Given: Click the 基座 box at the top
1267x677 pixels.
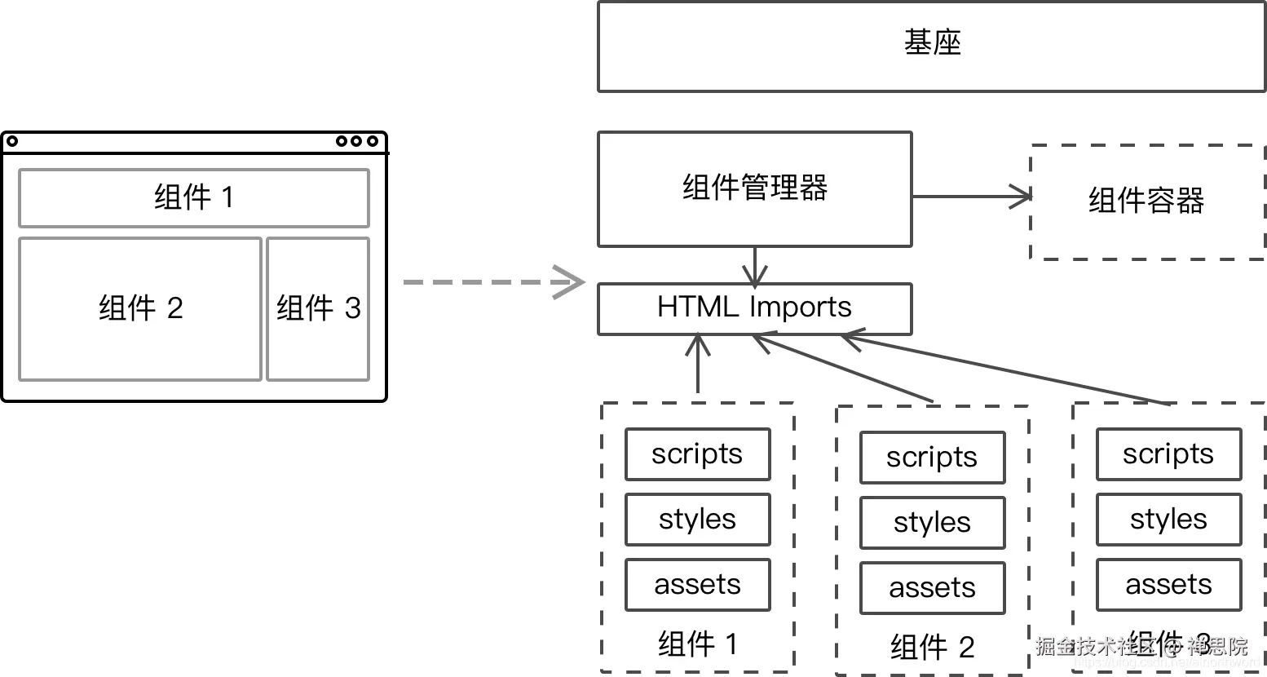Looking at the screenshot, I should click(931, 46).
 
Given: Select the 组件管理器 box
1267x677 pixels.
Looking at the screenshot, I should click(754, 188).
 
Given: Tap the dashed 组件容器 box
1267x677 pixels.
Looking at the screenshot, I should click(1146, 201).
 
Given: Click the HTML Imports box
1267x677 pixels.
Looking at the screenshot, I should click(754, 308).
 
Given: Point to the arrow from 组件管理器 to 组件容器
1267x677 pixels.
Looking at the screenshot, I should click(970, 197).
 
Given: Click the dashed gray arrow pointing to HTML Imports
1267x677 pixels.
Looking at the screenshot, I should click(493, 282).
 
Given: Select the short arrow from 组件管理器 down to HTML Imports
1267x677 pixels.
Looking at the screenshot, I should click(756, 265).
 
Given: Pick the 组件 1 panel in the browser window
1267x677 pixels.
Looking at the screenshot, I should click(194, 197).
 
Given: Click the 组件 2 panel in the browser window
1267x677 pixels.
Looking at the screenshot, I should click(140, 308).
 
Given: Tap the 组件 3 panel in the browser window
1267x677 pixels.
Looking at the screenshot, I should click(318, 308).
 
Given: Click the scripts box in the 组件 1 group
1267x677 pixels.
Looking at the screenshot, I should click(697, 454).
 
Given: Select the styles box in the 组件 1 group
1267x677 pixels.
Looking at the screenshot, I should click(697, 520).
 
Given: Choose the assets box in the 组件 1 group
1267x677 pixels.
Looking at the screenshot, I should click(697, 585).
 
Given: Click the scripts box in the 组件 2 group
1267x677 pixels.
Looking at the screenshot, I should click(932, 458).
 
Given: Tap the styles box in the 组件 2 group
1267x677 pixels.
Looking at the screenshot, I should click(932, 523).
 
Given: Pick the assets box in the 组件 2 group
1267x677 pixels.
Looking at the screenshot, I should click(932, 588).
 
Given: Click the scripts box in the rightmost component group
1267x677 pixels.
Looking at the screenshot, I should click(1168, 454).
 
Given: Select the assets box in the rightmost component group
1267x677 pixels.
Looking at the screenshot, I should click(1168, 585).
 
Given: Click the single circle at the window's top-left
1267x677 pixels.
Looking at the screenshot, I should click(12, 142).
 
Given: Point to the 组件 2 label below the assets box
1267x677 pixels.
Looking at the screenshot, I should click(932, 648).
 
